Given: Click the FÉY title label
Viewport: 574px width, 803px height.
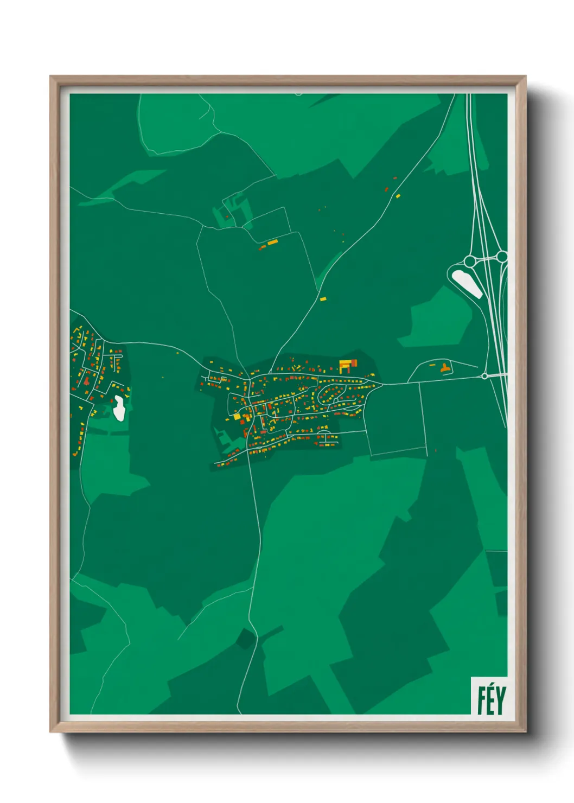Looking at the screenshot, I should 491,700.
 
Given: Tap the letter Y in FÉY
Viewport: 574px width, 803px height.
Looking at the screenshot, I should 500,700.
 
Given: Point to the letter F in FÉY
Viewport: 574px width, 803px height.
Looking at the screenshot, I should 481,700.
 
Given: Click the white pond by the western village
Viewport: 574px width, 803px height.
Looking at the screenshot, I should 119,408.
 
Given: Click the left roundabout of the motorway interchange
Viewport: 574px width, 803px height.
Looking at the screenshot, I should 470,262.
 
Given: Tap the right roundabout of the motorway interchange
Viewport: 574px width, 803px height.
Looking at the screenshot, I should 502,256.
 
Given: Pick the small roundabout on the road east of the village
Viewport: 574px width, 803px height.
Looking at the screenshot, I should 484,376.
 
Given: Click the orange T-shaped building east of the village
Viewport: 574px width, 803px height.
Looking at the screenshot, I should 445,368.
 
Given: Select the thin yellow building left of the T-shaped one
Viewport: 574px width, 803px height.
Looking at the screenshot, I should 432,365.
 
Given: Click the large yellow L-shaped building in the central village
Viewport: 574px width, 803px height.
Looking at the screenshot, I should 344,365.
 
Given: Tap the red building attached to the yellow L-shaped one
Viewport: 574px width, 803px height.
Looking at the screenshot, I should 354,362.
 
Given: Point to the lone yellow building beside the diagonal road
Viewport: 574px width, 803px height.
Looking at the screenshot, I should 323,299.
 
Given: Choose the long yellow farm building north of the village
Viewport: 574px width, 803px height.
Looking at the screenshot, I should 272,242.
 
